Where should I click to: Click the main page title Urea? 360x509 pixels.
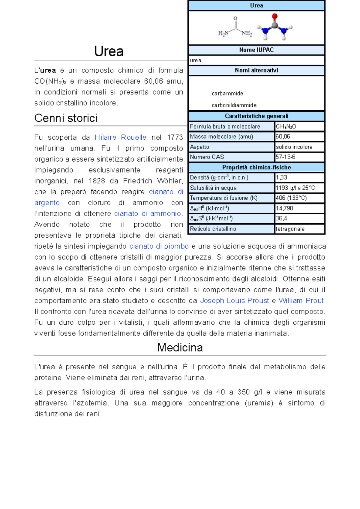(x=109, y=51)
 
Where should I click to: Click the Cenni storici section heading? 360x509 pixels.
(x=66, y=118)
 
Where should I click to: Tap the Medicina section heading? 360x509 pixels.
(x=180, y=347)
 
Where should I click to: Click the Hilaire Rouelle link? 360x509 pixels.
(x=120, y=137)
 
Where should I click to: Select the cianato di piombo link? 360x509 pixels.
(x=159, y=246)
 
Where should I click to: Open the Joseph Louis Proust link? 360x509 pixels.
(x=234, y=301)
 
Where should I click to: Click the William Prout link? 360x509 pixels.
(x=301, y=301)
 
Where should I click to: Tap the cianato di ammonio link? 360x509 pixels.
(x=148, y=213)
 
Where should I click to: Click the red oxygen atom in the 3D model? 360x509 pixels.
(x=274, y=16)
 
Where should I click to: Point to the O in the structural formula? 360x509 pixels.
(x=235, y=19)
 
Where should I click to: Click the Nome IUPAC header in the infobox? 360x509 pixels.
(x=256, y=50)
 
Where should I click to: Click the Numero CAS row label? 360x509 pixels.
(x=207, y=157)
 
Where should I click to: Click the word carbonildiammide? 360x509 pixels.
(x=234, y=105)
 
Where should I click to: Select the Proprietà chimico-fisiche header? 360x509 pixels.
(x=256, y=167)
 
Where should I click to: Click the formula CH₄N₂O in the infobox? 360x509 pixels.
(x=286, y=127)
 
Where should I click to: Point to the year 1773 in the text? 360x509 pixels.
(x=175, y=137)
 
